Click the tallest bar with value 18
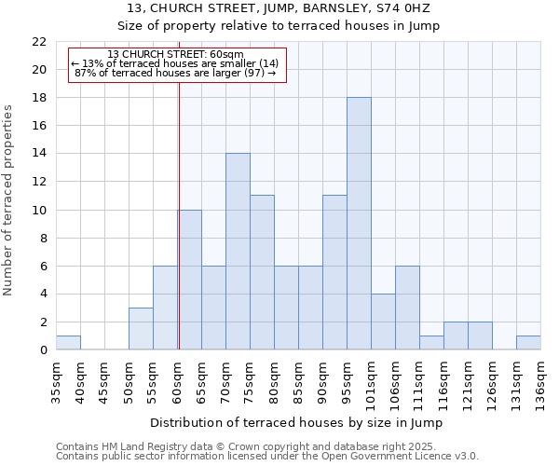[359, 224]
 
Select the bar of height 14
[238, 252]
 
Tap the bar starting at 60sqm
[189, 280]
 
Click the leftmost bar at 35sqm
[68, 343]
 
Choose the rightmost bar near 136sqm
[528, 343]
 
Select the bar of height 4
[383, 322]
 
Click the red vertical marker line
[178, 233]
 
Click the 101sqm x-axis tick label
[371, 381]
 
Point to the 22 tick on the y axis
[39, 42]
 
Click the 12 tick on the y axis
[39, 182]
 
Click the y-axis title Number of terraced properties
[8, 200]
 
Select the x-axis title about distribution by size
[295, 422]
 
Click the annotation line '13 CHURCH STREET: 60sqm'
[175, 54]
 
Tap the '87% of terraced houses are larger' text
[175, 73]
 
